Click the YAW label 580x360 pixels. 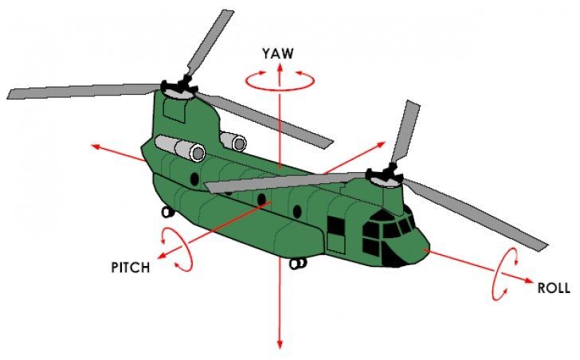(x=278, y=53)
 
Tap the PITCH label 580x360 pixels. (x=131, y=268)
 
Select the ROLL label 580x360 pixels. (x=554, y=288)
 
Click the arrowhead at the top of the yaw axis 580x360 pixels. (x=280, y=67)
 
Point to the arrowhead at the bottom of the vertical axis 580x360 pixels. (x=280, y=344)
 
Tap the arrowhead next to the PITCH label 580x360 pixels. (x=162, y=255)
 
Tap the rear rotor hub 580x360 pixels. (x=179, y=88)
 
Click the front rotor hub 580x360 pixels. (x=385, y=177)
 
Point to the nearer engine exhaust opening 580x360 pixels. (x=198, y=153)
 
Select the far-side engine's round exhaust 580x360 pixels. (x=240, y=144)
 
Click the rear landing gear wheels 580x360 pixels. (x=167, y=212)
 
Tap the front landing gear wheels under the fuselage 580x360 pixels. (x=298, y=263)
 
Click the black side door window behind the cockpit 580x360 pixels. (x=336, y=226)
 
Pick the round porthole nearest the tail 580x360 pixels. (x=194, y=179)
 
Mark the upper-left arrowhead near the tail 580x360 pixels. (x=96, y=147)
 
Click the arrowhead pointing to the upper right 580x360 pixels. (x=382, y=144)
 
